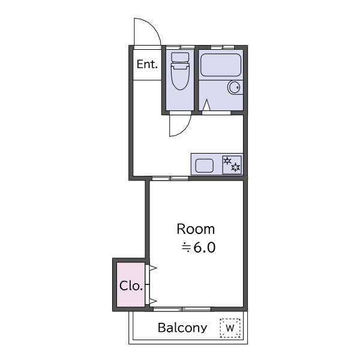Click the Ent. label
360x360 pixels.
[x=147, y=64]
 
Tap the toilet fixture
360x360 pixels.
[x=180, y=71]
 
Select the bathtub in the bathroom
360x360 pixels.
[x=221, y=65]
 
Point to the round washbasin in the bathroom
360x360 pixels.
[x=234, y=88]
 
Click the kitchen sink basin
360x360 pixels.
[x=205, y=166]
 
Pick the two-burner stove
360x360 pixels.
[x=232, y=164]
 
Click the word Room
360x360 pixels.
[x=196, y=229]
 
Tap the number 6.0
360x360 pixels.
[x=205, y=247]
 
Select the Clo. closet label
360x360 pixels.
[x=131, y=286]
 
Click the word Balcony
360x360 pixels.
[x=182, y=328]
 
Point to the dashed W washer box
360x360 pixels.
[x=230, y=328]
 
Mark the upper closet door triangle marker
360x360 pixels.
[x=152, y=268]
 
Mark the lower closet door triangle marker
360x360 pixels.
[x=152, y=301]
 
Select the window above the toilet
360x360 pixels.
[x=180, y=47]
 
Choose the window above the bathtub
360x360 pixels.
[x=223, y=47]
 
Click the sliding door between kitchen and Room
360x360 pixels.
[x=170, y=178]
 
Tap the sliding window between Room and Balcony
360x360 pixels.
[x=182, y=309]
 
